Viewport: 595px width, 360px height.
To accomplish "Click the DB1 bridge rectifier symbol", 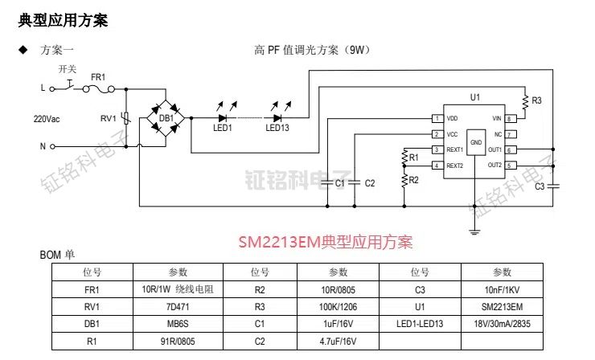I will point(166,118).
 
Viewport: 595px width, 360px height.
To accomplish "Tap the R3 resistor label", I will point(536,100).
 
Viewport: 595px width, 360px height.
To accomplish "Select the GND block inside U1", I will point(476,142).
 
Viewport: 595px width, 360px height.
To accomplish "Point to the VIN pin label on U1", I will point(496,118).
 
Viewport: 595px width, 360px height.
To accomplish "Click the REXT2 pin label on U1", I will point(455,166).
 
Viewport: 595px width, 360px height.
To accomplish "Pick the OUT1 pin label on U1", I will point(494,149).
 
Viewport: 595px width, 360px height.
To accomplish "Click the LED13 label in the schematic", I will point(277,127).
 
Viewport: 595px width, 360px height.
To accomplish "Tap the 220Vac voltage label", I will point(47,118).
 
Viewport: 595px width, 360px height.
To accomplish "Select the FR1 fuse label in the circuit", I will point(98,76).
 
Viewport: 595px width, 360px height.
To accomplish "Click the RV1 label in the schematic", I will point(108,118).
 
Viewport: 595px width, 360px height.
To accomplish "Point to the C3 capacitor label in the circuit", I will point(540,187).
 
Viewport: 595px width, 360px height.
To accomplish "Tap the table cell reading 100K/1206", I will point(338,307).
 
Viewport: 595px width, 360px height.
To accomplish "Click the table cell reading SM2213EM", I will point(502,307).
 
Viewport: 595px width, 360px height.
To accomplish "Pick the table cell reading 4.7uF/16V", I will point(338,342).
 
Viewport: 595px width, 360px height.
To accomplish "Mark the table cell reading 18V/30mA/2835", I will point(502,324).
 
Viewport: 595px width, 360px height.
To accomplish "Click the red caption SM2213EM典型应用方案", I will point(325,242).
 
